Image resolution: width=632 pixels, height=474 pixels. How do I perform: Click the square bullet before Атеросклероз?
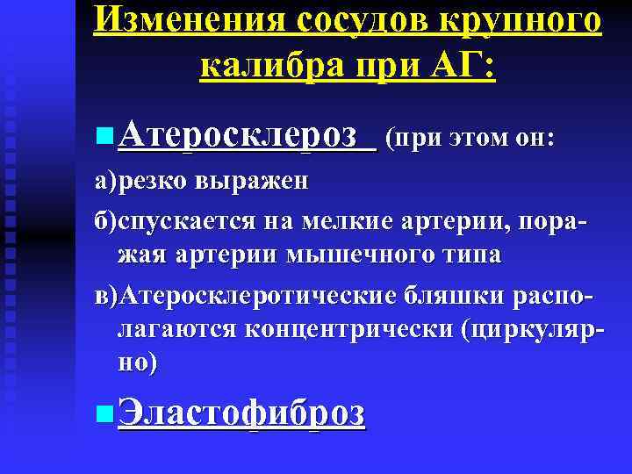coord(106,135)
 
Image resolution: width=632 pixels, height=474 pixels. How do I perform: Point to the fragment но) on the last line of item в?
coord(137,363)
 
